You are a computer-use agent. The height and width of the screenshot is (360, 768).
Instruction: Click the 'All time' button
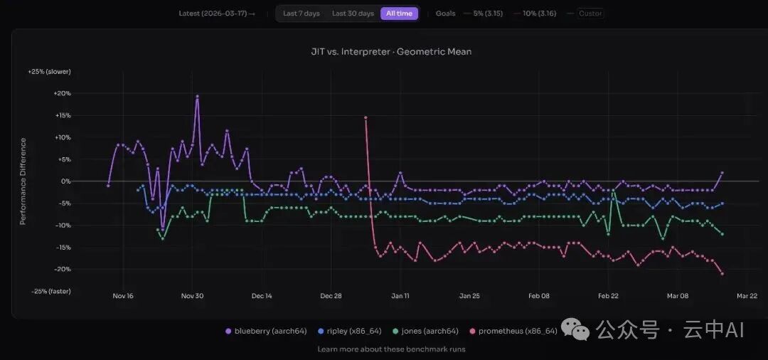(x=399, y=14)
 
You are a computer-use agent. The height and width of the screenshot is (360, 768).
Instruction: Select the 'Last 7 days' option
(x=301, y=14)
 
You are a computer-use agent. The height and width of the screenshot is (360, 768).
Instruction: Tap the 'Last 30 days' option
(x=353, y=14)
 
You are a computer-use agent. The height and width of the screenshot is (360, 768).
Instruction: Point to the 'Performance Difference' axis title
(x=23, y=181)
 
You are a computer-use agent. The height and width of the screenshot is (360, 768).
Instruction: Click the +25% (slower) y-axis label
(x=49, y=72)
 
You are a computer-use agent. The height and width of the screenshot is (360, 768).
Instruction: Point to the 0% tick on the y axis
(x=65, y=181)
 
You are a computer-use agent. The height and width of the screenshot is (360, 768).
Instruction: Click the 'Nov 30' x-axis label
(x=193, y=296)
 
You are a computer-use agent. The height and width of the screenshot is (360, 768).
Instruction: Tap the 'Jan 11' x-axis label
(x=400, y=296)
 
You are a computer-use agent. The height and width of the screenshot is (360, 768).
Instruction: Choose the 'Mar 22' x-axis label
(x=747, y=296)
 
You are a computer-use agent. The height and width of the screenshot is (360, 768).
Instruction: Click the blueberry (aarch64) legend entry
(x=262, y=331)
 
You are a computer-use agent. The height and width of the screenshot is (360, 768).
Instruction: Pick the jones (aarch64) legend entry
(x=426, y=331)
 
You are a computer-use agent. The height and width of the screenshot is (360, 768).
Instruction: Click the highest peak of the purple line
(x=197, y=96)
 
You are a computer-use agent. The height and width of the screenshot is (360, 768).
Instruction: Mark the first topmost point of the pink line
(x=366, y=117)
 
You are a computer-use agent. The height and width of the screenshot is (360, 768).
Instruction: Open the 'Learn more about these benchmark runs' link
(x=391, y=349)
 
